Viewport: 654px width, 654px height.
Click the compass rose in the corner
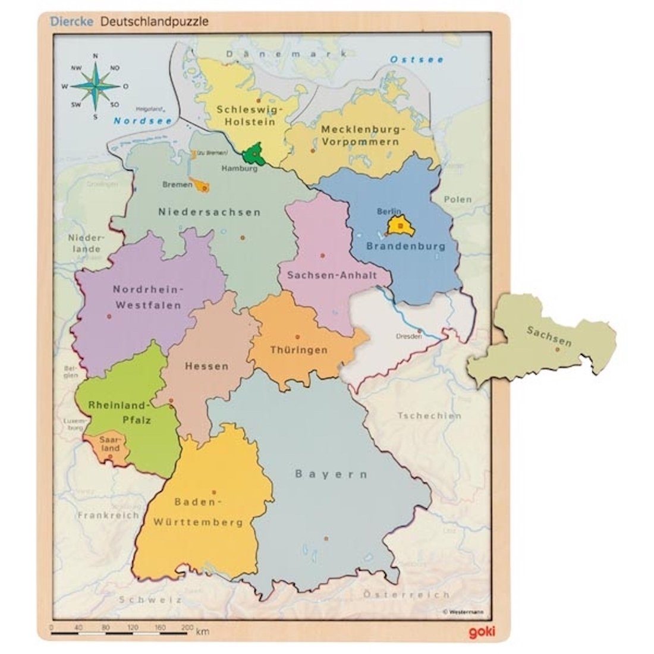[95, 86]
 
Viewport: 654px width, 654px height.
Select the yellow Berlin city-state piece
[400, 225]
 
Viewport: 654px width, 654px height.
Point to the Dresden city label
[408, 336]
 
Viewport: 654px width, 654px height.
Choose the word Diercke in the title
[74, 21]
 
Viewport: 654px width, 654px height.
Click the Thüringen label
[298, 350]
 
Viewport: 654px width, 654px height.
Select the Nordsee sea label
[134, 121]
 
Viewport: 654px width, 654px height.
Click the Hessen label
[206, 366]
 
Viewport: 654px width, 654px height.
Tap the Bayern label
[331, 474]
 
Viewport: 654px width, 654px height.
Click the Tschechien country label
[429, 416]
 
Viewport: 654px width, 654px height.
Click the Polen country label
[457, 199]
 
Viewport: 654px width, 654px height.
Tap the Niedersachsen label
[209, 212]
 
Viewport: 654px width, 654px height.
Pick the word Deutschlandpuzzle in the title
[154, 21]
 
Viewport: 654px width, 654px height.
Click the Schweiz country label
[150, 600]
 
